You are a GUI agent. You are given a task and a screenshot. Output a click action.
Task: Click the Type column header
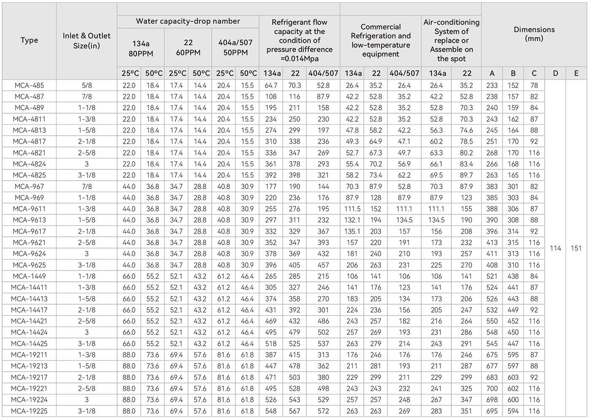29,40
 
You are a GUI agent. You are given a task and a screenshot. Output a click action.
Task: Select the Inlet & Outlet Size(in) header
86,41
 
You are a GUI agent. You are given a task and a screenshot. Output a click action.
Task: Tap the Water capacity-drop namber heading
188,21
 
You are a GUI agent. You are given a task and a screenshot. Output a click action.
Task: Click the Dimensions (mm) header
534,34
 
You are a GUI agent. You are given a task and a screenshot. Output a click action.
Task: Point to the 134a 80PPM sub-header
141,48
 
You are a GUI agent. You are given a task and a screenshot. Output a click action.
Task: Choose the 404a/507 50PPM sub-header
235,48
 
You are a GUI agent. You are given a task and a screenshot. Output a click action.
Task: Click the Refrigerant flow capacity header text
300,40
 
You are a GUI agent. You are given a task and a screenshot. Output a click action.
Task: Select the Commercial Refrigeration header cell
381,40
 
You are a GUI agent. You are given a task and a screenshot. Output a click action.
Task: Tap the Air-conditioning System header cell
451,40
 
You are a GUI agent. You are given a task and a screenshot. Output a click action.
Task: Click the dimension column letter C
534,73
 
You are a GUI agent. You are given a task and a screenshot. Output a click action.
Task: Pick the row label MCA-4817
29,142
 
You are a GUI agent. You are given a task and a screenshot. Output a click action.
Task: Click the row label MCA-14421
29,321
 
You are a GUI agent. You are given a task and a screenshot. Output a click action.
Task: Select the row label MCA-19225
29,411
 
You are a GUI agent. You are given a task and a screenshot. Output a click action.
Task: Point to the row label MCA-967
29,187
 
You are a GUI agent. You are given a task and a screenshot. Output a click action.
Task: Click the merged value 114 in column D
555,248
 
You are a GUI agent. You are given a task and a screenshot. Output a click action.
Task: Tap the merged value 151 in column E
576,248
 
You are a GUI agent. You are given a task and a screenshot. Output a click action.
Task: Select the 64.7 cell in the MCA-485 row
271,86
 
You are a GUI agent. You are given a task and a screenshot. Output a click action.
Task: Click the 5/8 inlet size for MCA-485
86,86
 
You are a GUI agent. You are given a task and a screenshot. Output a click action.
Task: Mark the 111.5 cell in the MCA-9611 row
352,209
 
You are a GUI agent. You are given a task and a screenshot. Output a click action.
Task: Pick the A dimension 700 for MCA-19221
492,389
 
